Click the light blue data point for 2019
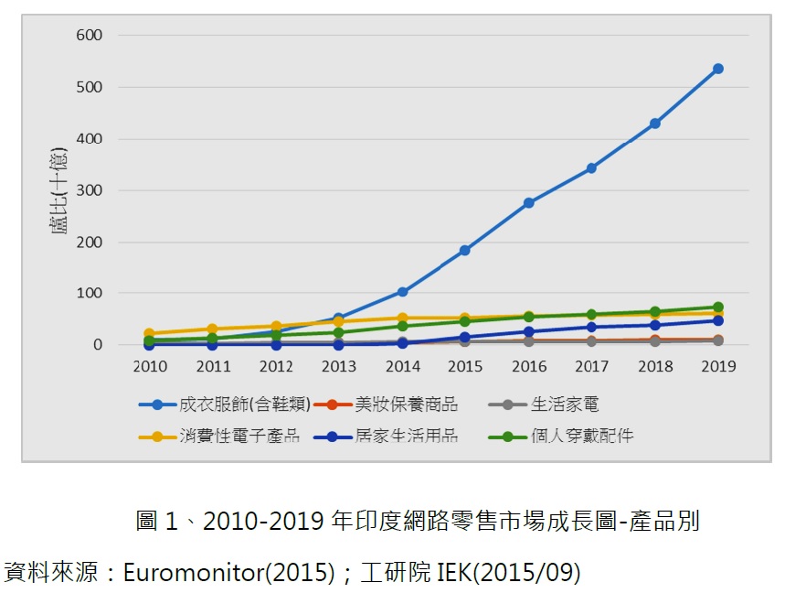click(718, 69)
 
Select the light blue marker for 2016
click(528, 203)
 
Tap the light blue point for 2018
click(655, 124)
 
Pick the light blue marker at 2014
click(402, 292)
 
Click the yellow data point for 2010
click(149, 334)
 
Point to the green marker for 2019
click(718, 307)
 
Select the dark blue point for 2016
click(528, 332)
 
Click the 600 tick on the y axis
click(90, 36)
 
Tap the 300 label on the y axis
click(90, 190)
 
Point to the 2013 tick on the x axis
click(339, 366)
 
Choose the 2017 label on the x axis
click(591, 366)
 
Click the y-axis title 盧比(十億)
click(59, 190)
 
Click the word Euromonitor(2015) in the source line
click(226, 574)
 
